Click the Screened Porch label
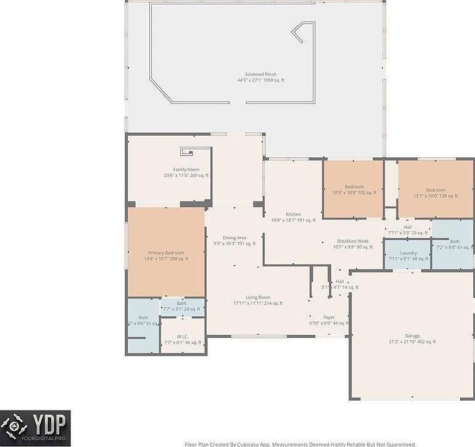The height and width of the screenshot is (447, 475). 260,77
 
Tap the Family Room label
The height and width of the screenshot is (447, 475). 186,173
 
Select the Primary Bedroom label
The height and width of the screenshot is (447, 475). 166,255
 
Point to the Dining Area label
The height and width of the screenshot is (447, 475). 234,240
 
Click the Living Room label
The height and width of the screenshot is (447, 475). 258,300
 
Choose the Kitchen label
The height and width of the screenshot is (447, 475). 293,217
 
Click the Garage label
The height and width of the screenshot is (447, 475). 412,338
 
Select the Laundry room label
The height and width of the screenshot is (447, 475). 408,256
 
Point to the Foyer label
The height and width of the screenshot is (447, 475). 329,320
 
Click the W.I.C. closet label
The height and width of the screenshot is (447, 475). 181,339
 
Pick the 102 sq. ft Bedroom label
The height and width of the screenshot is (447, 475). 354,189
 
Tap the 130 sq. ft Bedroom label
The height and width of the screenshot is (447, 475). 436,193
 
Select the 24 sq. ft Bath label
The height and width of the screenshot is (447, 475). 182,306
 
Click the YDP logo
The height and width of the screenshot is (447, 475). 35,428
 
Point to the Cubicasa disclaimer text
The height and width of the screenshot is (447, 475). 300,444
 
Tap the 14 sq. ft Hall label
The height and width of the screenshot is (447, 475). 340,284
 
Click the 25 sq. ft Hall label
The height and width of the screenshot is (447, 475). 408,229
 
